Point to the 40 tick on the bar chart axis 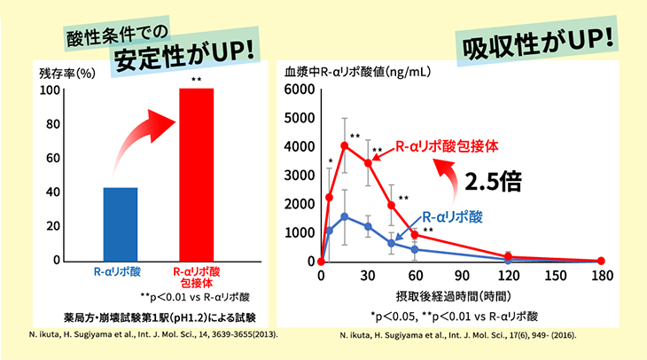[x=51, y=192]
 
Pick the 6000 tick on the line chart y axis [x=299, y=90]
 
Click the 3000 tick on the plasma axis [x=299, y=176]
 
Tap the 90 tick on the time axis [x=461, y=276]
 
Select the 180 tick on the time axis [x=601, y=276]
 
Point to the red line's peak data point [x=345, y=145]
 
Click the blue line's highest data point [x=345, y=216]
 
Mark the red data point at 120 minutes [x=508, y=256]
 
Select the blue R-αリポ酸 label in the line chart [x=453, y=215]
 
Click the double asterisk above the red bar [x=197, y=81]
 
